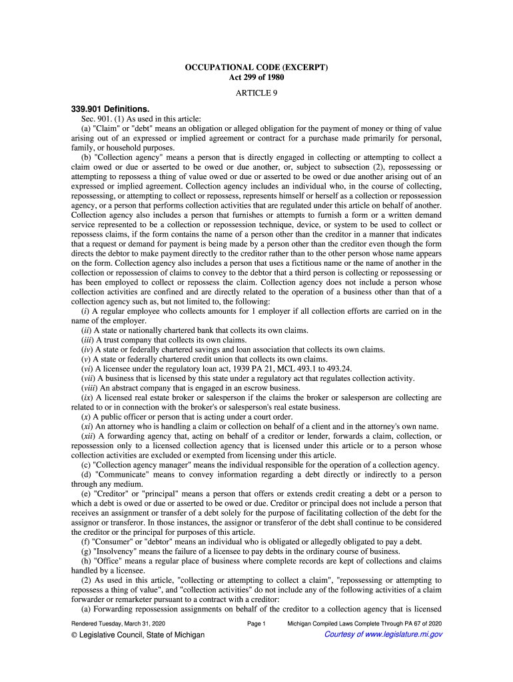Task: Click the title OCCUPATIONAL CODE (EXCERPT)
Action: (x=256, y=68)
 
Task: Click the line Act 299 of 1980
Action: (x=256, y=78)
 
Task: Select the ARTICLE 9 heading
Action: (x=256, y=93)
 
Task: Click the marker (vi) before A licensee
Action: (x=87, y=368)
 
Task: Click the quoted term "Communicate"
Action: (x=122, y=474)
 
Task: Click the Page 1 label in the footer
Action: (x=256, y=623)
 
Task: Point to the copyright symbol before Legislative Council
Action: (x=75, y=635)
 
